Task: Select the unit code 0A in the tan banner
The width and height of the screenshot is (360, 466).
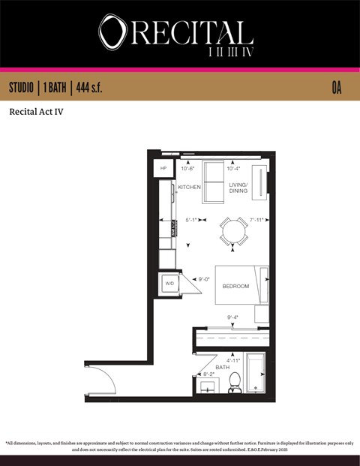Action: (336, 88)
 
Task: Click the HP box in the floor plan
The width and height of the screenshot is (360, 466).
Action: (163, 169)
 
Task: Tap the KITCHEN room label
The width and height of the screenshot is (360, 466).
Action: (189, 187)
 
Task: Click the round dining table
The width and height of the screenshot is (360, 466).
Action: (233, 231)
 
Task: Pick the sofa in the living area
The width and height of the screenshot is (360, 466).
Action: (213, 182)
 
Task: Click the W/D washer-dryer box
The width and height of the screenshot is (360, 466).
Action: (169, 284)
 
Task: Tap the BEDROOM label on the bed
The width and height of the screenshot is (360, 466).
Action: (235, 286)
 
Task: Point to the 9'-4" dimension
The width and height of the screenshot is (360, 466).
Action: (234, 317)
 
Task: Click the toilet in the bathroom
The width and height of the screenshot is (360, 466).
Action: (234, 382)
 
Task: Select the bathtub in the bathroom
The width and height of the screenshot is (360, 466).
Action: (256, 373)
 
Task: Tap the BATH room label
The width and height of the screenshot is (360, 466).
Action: (223, 367)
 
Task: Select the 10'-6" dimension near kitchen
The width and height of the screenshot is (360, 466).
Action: (188, 169)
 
